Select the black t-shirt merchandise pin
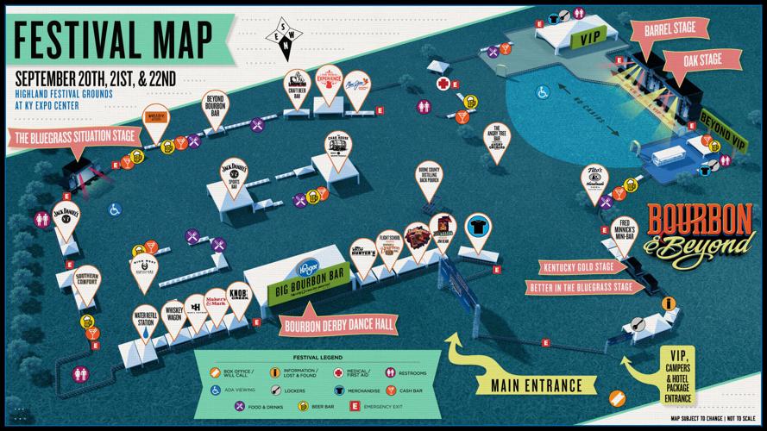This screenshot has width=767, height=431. tap(478, 228)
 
